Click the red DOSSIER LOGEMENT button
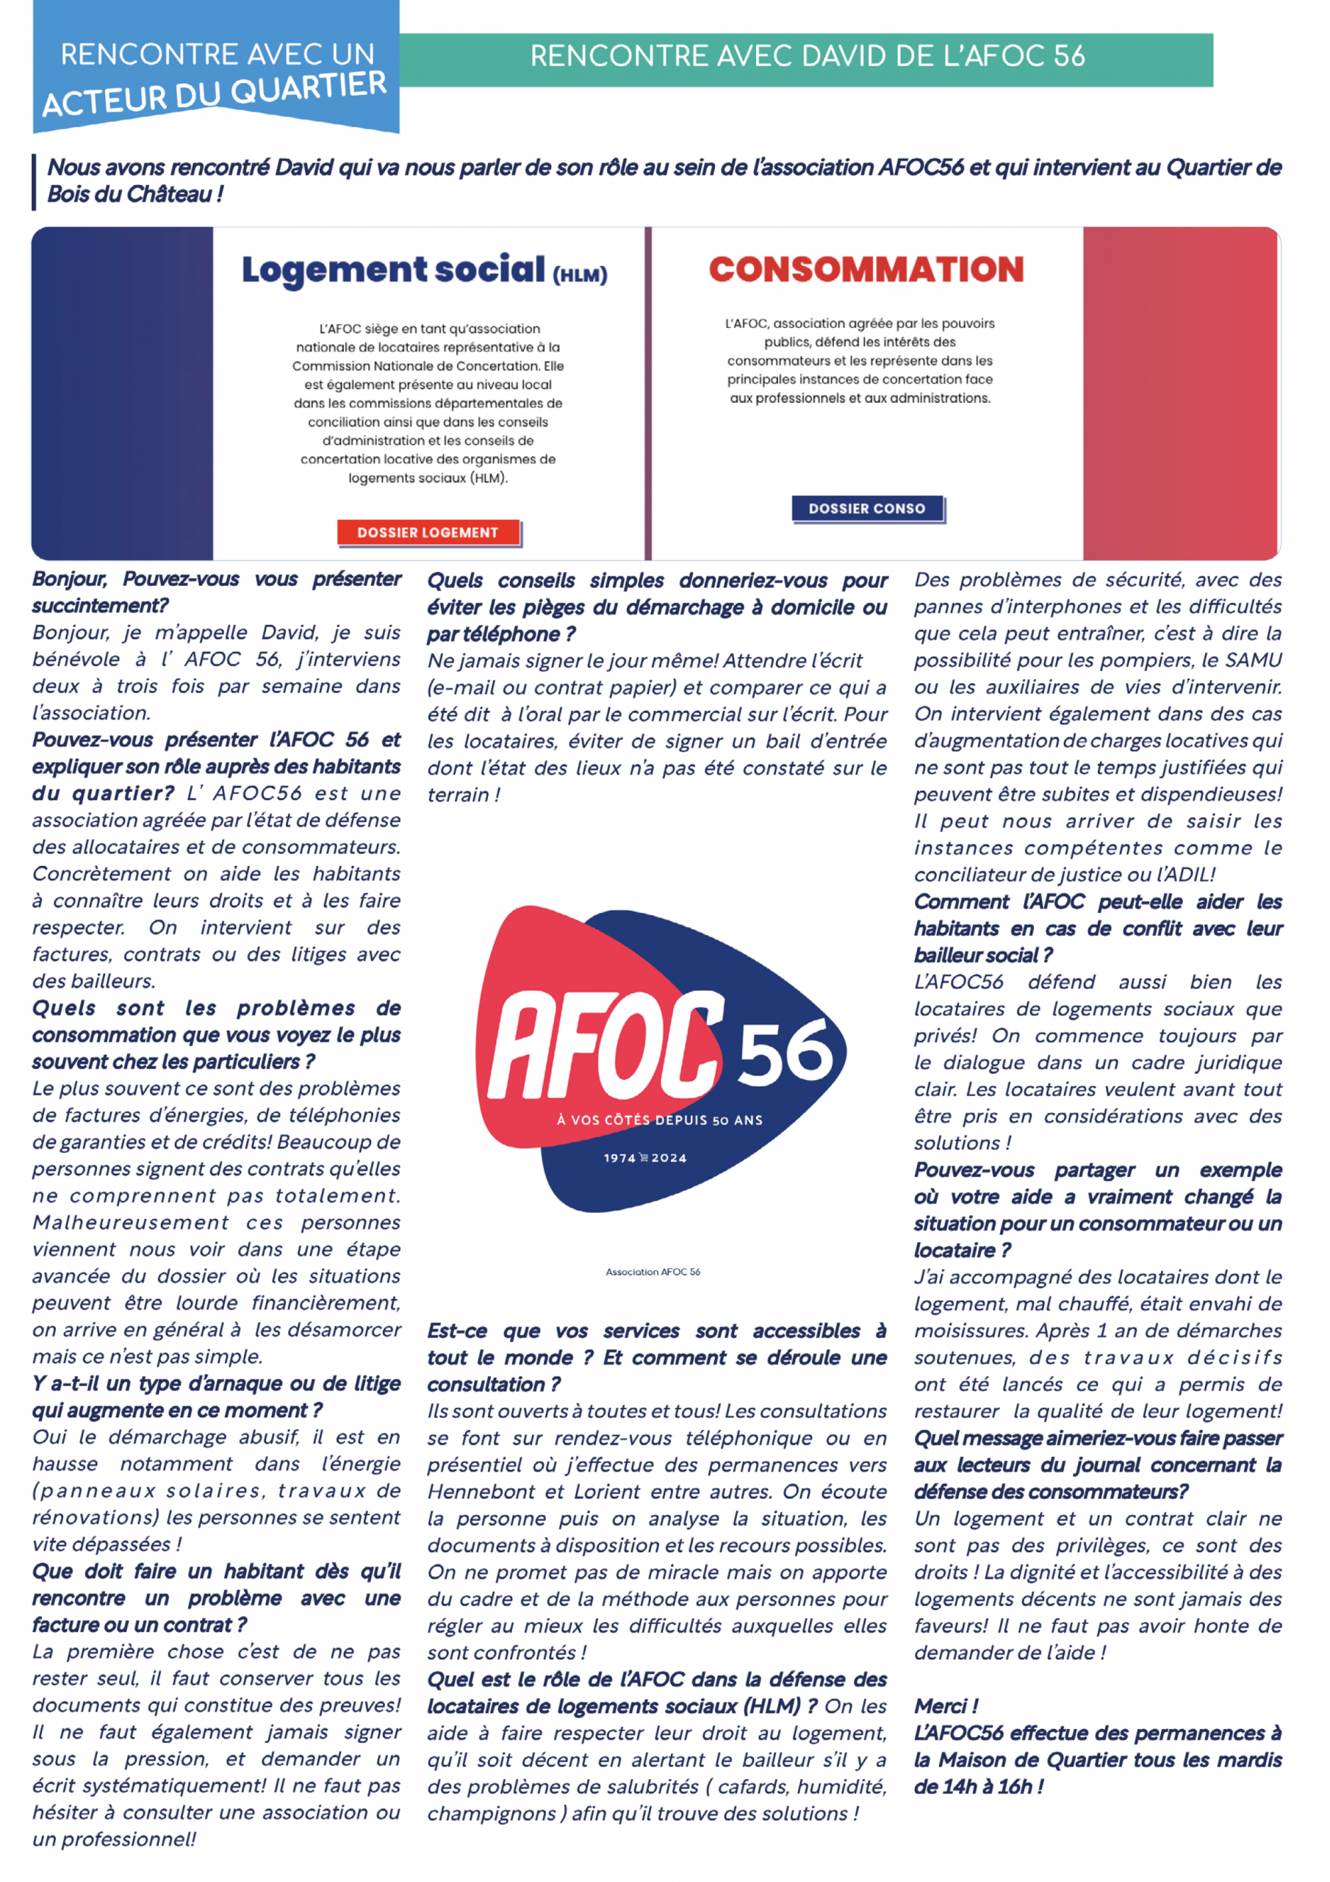[427, 532]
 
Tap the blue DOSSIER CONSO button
[866, 508]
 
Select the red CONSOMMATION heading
[866, 270]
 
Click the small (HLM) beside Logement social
[580, 276]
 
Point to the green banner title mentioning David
[806, 57]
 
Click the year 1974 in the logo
[619, 1158]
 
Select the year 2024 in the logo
[669, 1158]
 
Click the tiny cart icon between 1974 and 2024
[643, 1158]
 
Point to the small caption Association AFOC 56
[653, 1272]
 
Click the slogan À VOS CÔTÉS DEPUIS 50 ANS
[660, 1120]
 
